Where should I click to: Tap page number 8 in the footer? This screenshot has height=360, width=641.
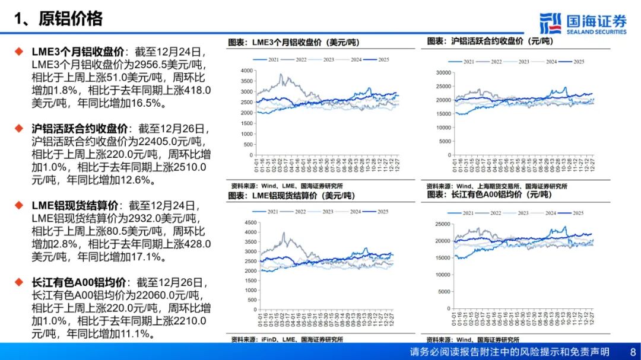(x=632, y=352)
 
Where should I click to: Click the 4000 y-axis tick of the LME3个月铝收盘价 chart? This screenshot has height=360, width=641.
(x=246, y=71)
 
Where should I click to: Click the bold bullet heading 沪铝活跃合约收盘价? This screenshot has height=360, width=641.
(x=80, y=129)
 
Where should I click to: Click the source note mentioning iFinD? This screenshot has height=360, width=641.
(x=285, y=340)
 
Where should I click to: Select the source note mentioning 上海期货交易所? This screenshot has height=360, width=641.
(x=496, y=186)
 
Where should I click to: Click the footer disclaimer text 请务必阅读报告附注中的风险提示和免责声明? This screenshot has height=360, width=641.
(x=510, y=352)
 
